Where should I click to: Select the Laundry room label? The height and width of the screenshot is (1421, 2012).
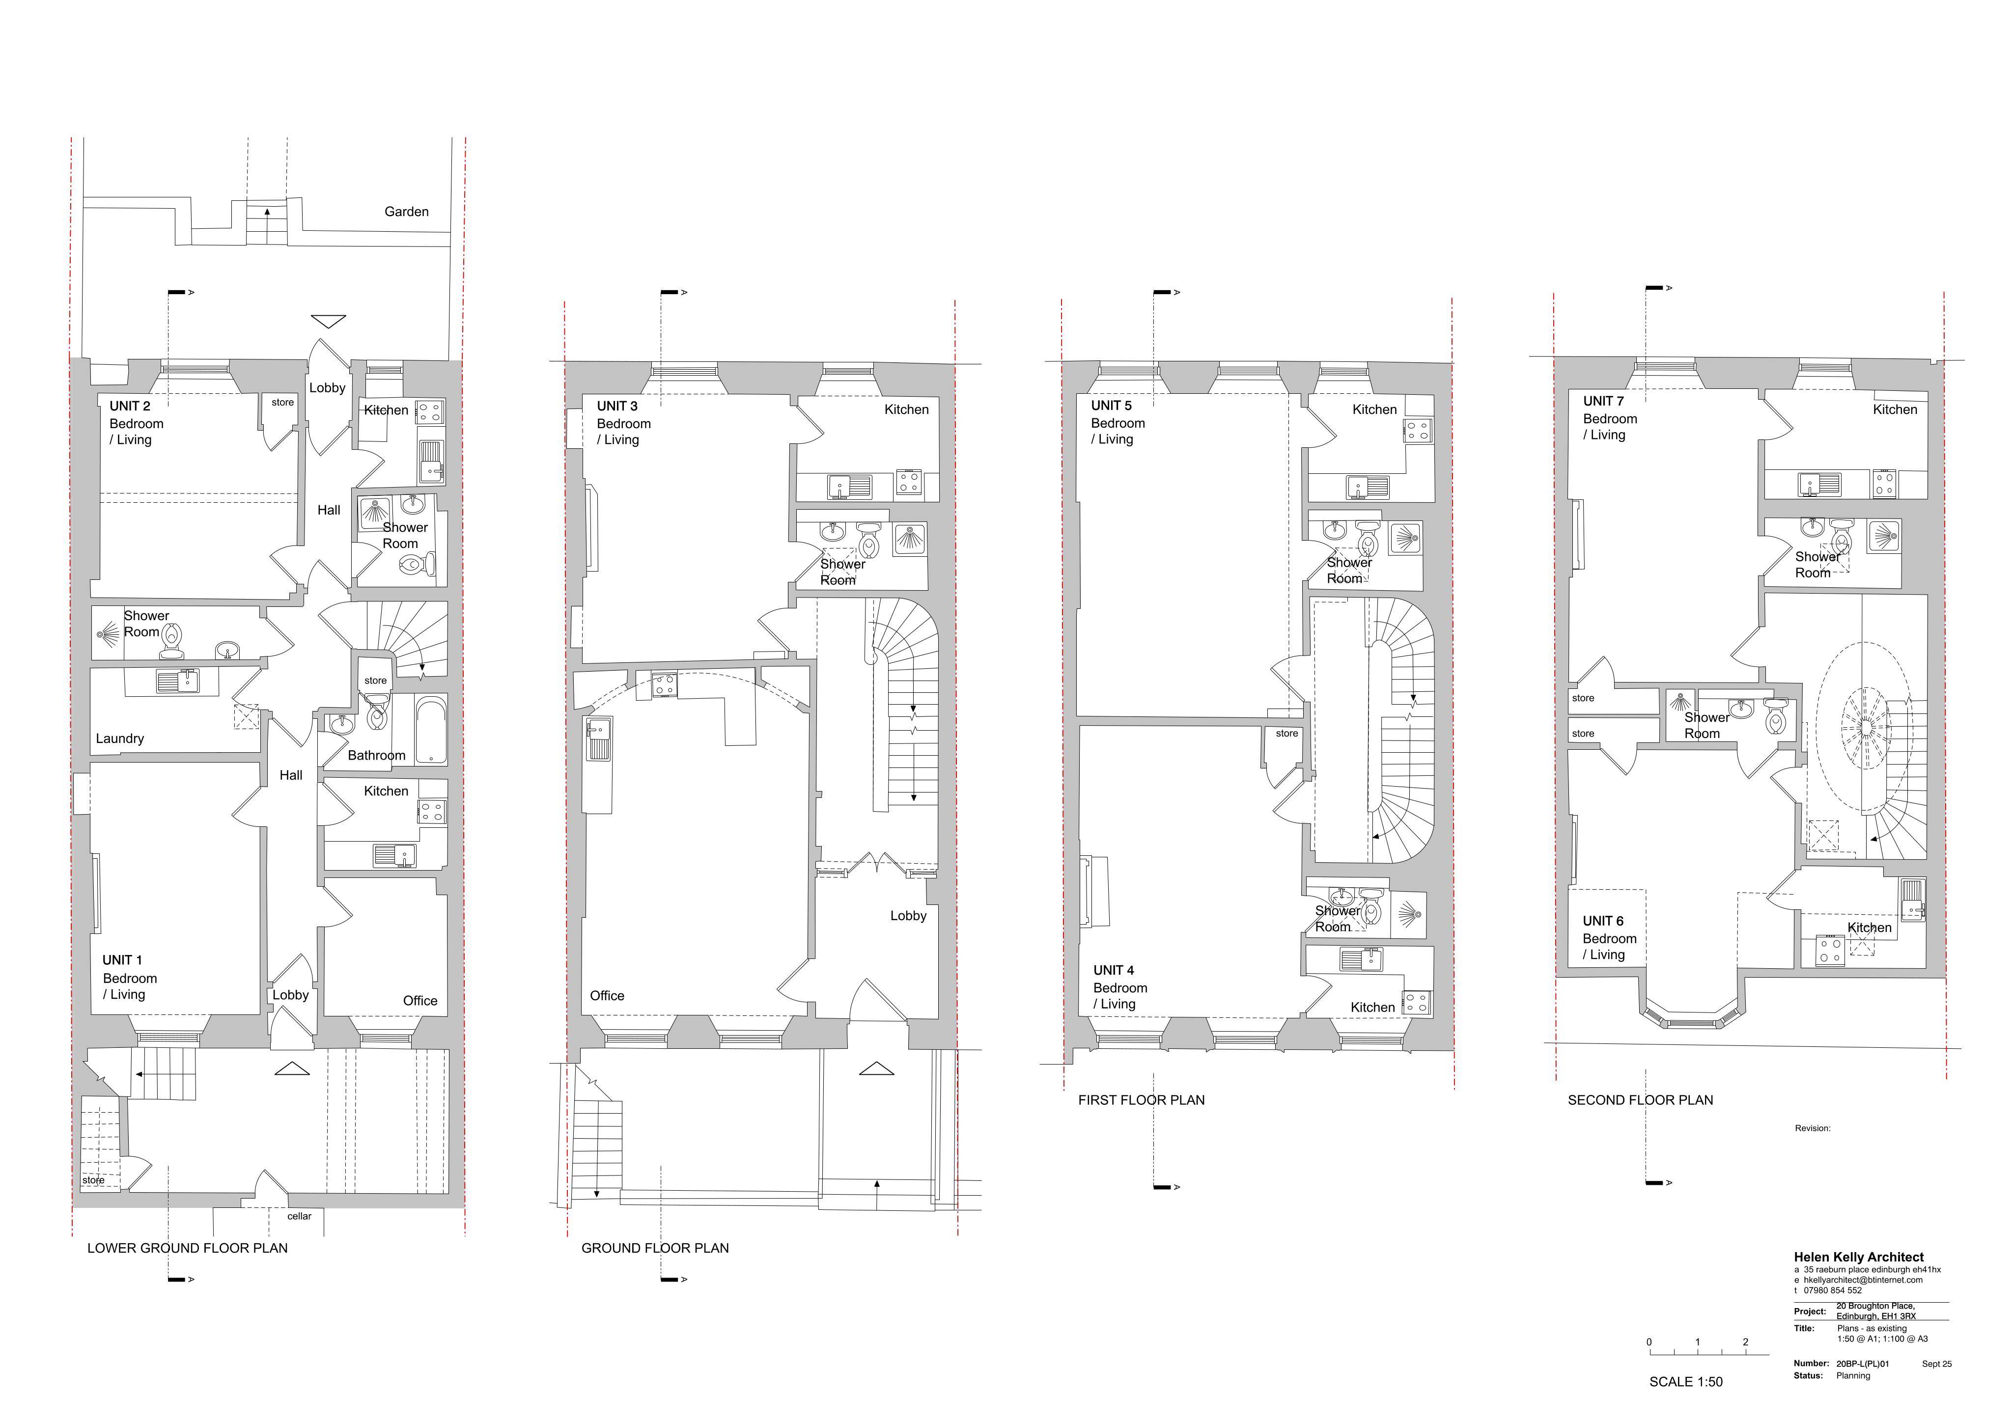[120, 738]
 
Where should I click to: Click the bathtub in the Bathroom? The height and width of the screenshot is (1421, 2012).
[431, 731]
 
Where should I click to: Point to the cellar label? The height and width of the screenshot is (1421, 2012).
[300, 1216]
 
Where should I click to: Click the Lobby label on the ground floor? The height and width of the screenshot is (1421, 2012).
[909, 916]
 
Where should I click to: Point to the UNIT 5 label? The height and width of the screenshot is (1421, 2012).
[1111, 406]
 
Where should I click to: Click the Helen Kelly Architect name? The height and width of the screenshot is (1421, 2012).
[1859, 1257]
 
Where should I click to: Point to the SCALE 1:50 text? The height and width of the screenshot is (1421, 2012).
[1686, 1382]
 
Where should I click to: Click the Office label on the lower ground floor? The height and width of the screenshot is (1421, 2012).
[420, 1001]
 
